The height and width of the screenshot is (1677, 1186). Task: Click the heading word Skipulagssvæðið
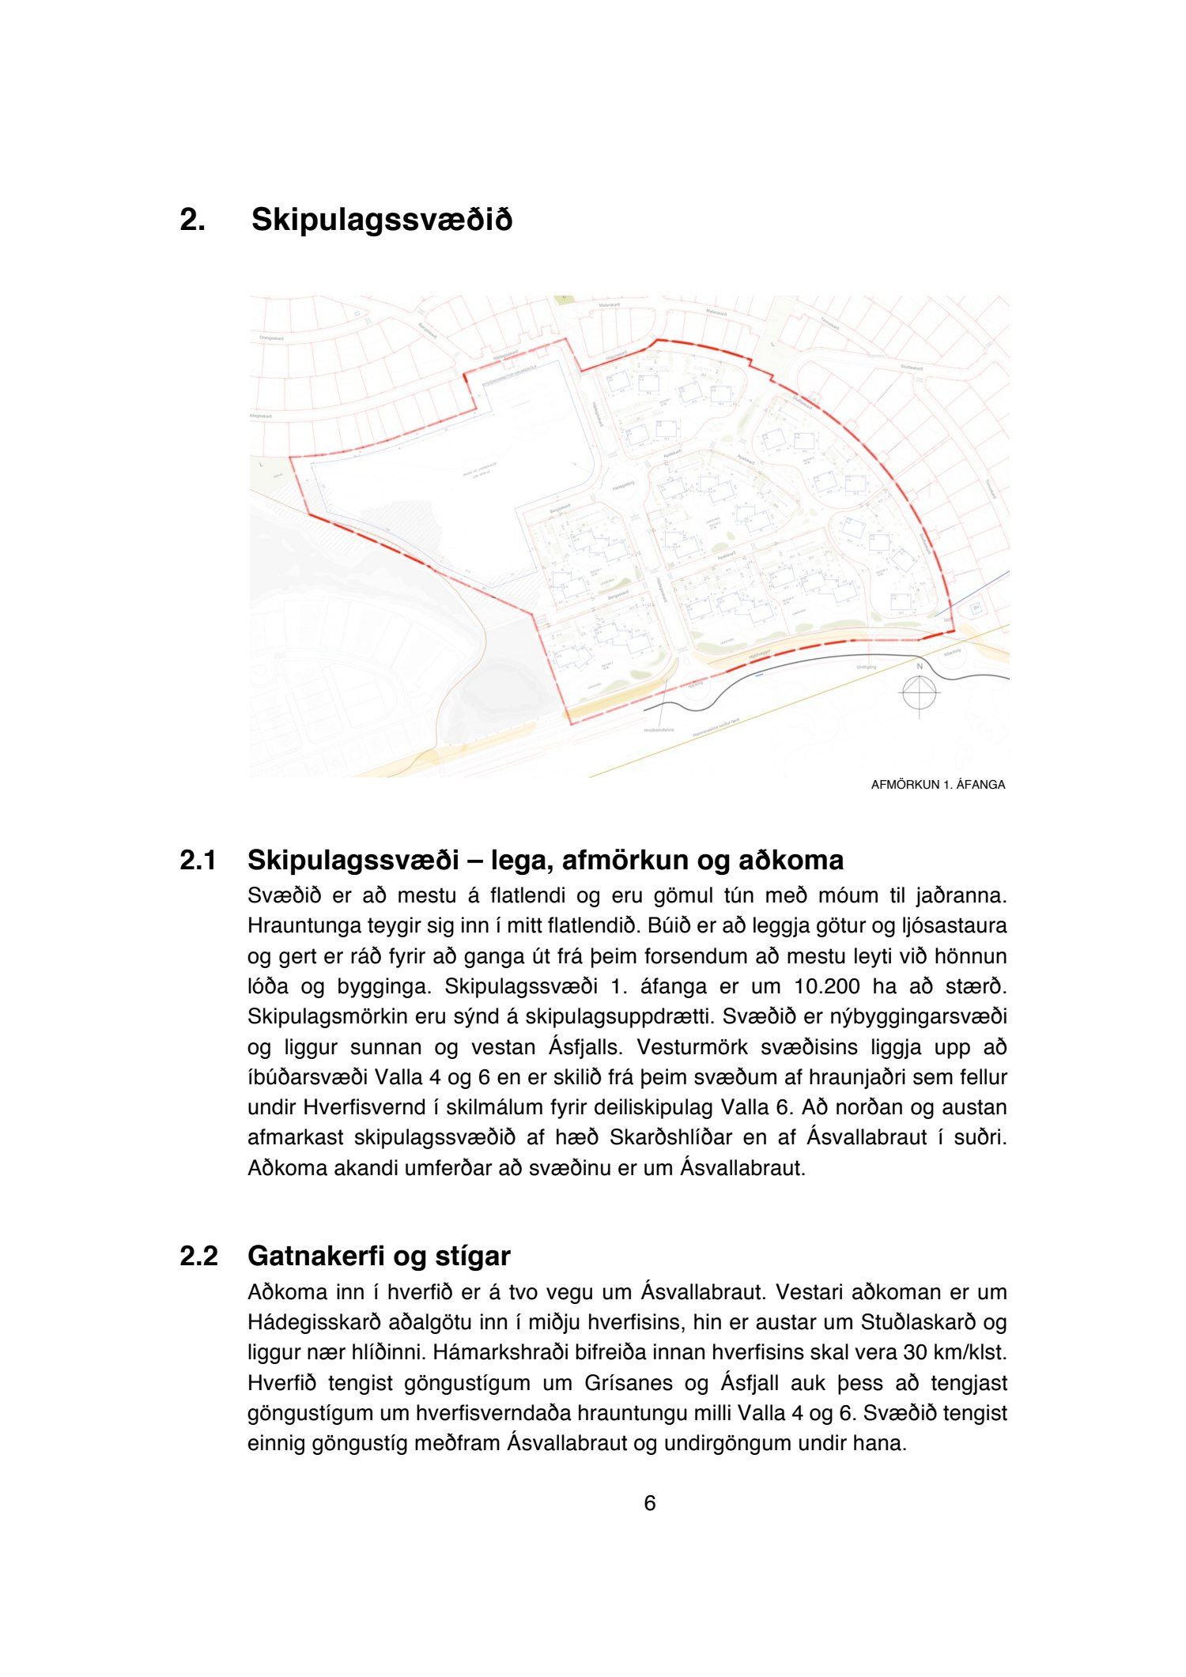click(381, 220)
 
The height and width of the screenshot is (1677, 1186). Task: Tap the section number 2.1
click(198, 860)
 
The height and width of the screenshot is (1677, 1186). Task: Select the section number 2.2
click(198, 1256)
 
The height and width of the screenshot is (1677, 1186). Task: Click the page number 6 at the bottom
click(650, 1503)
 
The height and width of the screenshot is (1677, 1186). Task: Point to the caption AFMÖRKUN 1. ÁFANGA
click(938, 785)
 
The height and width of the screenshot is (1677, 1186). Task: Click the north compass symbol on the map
click(919, 692)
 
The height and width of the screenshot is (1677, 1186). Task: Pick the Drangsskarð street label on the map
click(271, 338)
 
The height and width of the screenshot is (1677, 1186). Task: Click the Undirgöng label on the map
click(867, 667)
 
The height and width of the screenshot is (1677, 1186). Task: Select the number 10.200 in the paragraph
click(827, 987)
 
